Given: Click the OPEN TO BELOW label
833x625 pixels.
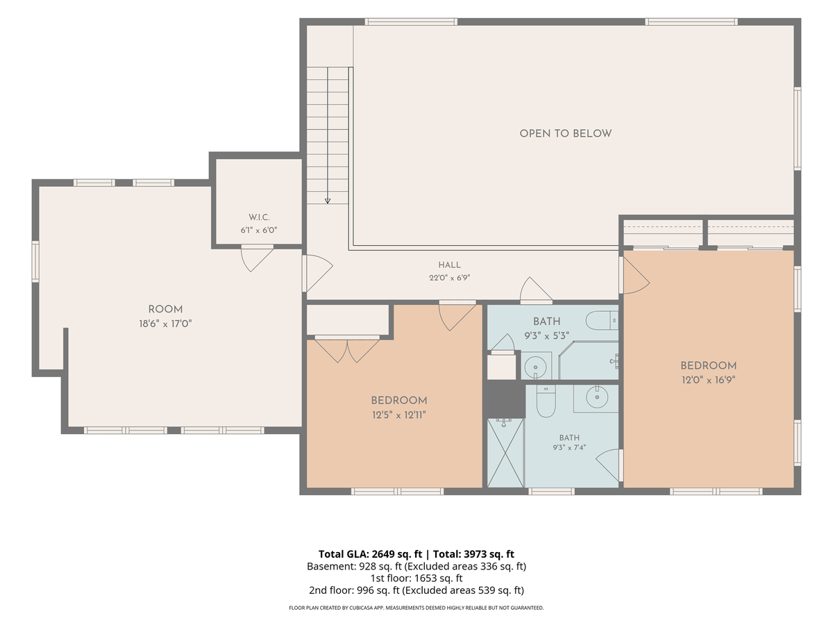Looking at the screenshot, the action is tap(566, 133).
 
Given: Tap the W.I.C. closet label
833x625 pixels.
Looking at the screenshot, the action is tap(259, 217).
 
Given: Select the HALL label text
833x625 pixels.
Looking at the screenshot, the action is tap(449, 265).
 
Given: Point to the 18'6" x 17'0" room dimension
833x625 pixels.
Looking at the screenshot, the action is tap(165, 324).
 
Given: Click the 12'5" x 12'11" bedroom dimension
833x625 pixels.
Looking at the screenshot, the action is tap(399, 415).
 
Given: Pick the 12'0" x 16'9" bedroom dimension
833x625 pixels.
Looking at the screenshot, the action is tap(709, 380).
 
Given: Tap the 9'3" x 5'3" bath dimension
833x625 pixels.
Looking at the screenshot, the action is tap(546, 336).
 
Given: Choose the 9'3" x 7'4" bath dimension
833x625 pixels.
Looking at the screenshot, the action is tap(569, 447).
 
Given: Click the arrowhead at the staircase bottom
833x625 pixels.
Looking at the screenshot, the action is tap(328, 201).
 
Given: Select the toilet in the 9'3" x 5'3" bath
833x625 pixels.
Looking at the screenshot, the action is tap(602, 321).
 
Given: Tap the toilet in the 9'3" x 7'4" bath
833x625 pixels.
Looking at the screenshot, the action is tap(546, 401).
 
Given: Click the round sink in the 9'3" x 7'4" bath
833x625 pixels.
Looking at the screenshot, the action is tap(597, 397).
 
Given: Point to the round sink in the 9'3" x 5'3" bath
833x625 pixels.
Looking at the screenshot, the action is tap(535, 367).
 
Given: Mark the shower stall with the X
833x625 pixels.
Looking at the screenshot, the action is tap(505, 453).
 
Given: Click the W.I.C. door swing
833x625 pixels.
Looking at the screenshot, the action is tap(258, 258).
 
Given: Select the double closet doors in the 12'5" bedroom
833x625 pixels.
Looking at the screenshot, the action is tap(347, 349).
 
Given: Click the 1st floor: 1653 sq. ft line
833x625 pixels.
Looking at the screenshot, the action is tap(416, 578).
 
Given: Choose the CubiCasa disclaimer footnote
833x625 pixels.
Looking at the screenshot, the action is tap(416, 608).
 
